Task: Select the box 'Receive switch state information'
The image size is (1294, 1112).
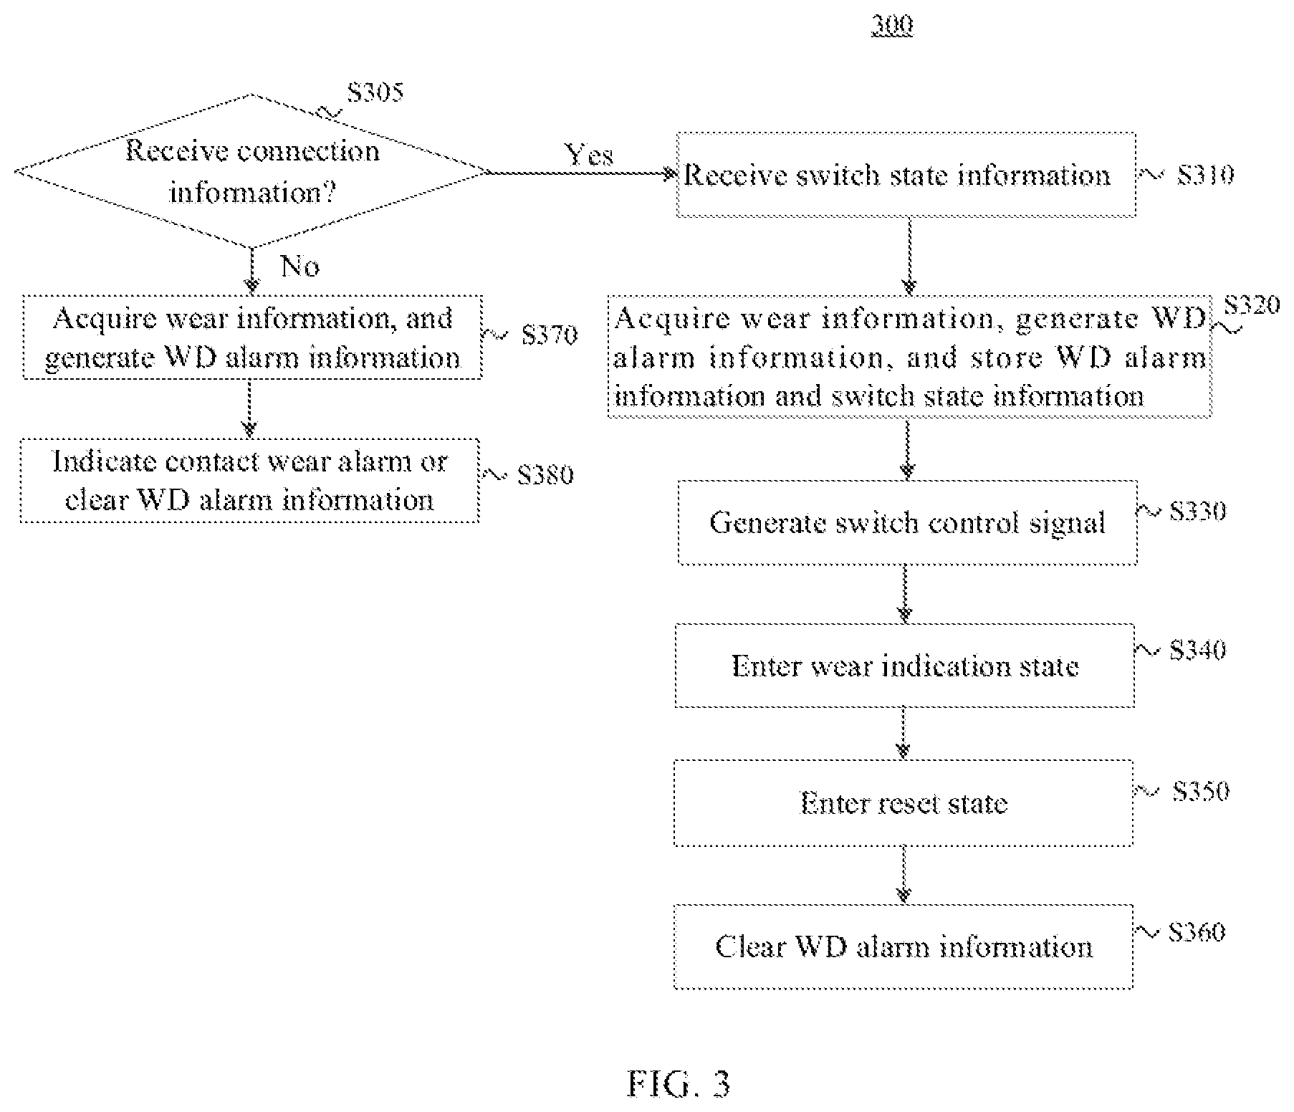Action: point(906,174)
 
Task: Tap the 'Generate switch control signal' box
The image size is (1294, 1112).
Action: point(907,522)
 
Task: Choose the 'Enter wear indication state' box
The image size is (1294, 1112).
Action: point(905,666)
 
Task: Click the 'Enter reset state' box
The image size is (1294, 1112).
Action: point(904,803)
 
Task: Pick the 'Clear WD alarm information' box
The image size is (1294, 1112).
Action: point(904,946)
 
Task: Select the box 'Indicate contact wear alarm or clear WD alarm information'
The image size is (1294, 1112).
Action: point(249,481)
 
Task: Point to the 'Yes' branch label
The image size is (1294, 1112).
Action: point(589,155)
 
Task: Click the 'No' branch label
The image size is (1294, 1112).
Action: point(300,267)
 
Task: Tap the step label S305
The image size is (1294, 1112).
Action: point(375,92)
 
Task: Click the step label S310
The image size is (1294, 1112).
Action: point(1206,176)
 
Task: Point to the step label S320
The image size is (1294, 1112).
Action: point(1252,306)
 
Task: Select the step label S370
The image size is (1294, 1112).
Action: point(550,335)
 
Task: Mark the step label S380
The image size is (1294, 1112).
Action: point(545,475)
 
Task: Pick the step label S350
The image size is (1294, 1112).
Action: point(1202,791)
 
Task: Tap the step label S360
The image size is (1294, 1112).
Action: point(1197,932)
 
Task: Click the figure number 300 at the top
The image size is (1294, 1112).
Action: point(893,26)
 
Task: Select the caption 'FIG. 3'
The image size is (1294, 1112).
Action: point(679,1084)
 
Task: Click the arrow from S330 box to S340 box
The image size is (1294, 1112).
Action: point(905,594)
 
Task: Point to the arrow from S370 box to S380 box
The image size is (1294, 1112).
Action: point(249,408)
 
